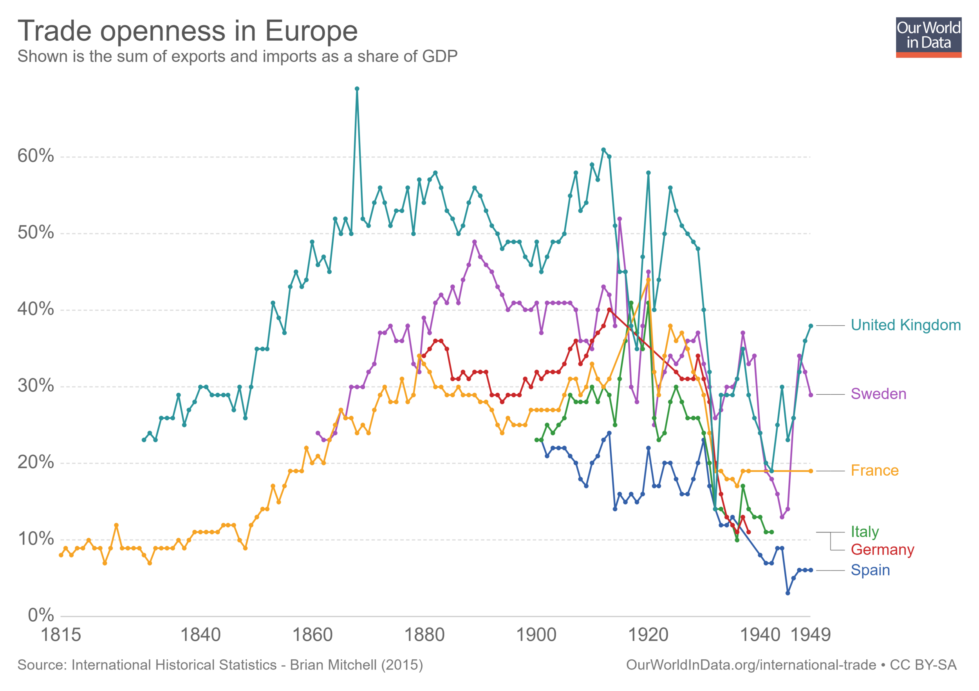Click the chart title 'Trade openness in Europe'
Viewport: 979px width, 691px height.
(188, 31)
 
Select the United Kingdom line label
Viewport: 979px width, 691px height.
(905, 325)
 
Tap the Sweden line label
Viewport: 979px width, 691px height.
(878, 394)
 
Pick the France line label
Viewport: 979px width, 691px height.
(874, 471)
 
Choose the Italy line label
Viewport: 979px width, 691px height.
(864, 532)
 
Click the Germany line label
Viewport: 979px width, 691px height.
(882, 550)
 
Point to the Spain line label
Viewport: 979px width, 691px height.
(870, 570)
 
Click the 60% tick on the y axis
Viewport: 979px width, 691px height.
(36, 156)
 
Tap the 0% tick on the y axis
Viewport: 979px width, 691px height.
(41, 615)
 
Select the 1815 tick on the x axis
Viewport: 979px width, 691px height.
(61, 635)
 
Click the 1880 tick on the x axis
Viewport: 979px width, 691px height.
(424, 635)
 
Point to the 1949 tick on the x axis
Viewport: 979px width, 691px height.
(810, 635)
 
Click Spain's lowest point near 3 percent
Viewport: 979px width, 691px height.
(788, 593)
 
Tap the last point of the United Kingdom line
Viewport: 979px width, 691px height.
(811, 326)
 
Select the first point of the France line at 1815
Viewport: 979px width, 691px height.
(61, 555)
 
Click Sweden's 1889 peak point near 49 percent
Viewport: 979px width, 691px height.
(475, 242)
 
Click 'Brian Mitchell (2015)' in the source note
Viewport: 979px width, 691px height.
(356, 665)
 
